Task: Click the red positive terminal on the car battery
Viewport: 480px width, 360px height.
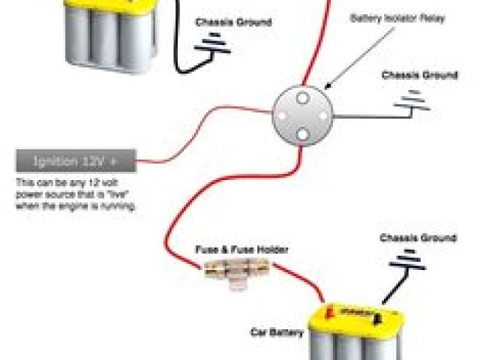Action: coord(327,310)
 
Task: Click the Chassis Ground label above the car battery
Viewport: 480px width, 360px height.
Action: coord(418,238)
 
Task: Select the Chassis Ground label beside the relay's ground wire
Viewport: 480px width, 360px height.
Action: coord(419,75)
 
